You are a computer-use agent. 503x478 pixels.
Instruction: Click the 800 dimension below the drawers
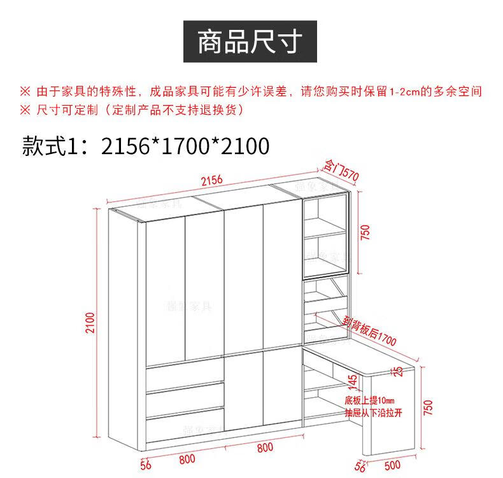pos(187,459)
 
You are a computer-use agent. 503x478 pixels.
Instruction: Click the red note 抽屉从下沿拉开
pos(374,412)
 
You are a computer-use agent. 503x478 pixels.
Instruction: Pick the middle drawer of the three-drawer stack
pos(185,398)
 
